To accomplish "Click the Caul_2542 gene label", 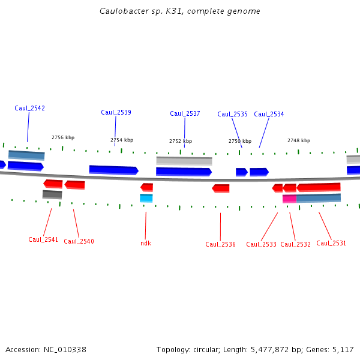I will [x=29, y=109].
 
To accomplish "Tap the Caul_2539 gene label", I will [x=116, y=113].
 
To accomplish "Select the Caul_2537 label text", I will [x=185, y=114].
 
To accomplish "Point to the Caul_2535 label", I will [x=232, y=115].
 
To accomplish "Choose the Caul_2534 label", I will [x=269, y=115].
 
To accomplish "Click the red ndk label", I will [x=146, y=243].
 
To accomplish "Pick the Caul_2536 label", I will [x=220, y=245].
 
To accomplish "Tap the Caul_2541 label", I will [x=43, y=240].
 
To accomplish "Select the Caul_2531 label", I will [x=331, y=244].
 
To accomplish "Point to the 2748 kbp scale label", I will [x=299, y=141].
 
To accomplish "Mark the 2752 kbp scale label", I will [x=181, y=142].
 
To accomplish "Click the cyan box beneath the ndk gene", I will [x=146, y=198].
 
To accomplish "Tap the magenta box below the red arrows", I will [x=289, y=199].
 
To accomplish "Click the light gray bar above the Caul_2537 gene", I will [x=184, y=161].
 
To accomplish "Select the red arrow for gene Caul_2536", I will [x=221, y=188].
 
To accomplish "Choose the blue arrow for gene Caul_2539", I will [x=113, y=170].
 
